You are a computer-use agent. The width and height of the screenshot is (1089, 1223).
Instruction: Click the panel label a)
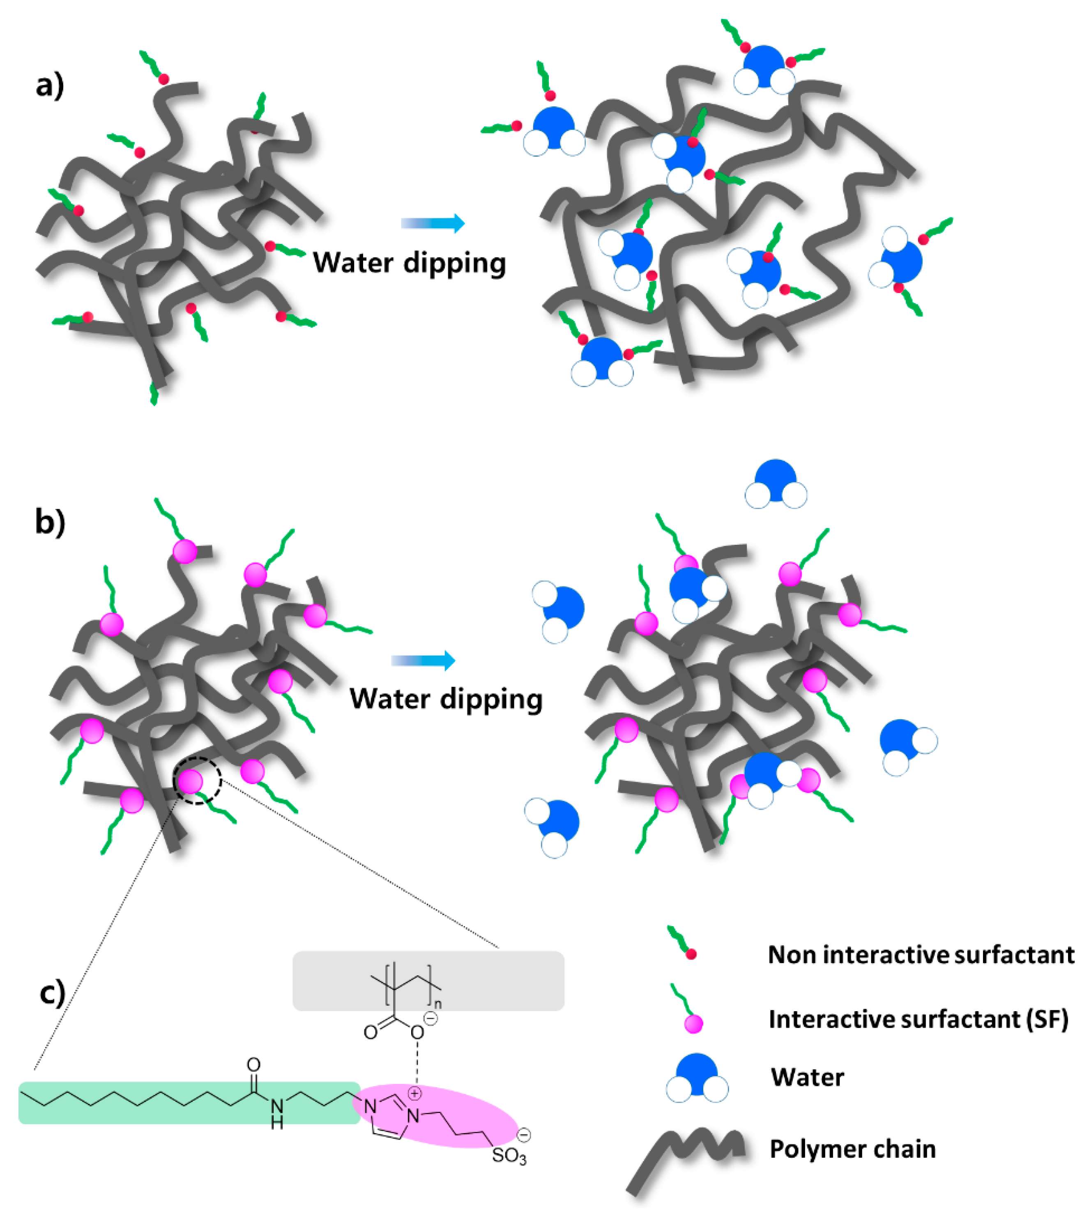click(50, 85)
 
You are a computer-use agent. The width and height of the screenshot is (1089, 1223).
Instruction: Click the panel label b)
click(50, 522)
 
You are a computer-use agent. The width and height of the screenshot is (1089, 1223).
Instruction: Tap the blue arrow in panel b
click(423, 661)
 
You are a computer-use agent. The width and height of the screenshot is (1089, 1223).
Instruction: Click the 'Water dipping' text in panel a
click(410, 263)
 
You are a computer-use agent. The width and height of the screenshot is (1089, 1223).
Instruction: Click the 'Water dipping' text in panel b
click(446, 699)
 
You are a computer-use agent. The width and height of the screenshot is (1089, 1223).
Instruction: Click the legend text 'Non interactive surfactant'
click(921, 955)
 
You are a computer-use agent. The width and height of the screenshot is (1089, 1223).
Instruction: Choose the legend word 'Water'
click(808, 1077)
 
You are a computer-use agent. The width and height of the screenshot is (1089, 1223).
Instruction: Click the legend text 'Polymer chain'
click(852, 1149)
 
